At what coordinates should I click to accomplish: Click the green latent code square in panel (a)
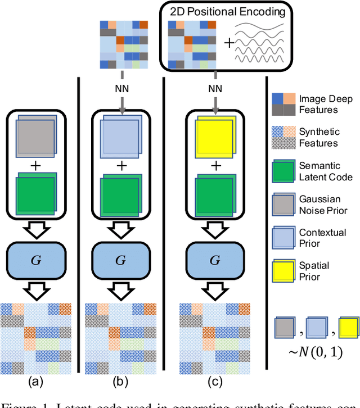tap(35, 194)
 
